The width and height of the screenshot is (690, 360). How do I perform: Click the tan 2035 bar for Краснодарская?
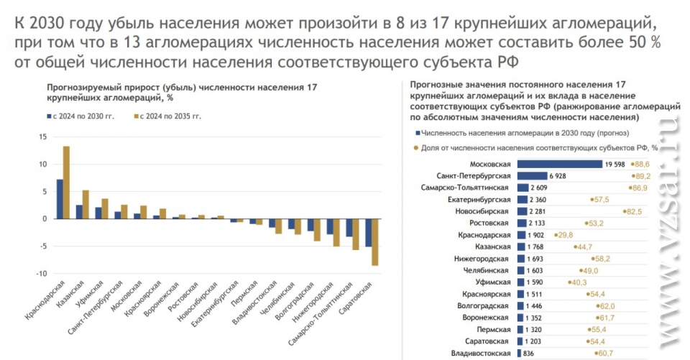[66, 183]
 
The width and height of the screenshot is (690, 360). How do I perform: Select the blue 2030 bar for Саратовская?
[369, 232]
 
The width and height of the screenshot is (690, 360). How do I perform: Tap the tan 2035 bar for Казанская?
[86, 204]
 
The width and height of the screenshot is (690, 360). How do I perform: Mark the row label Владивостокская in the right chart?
[479, 353]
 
